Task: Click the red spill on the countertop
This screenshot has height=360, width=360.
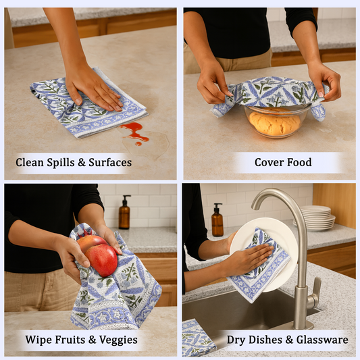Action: (x=134, y=130)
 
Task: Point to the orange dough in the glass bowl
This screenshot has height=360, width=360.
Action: (x=274, y=123)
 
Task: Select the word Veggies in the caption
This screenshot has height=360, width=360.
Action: (x=117, y=340)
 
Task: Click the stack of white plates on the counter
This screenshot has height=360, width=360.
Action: (x=317, y=218)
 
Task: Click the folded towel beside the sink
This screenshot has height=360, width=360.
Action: (x=198, y=338)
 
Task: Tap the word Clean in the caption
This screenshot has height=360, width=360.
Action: (x=30, y=163)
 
